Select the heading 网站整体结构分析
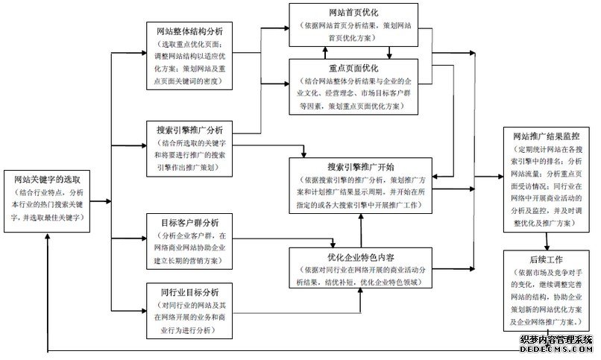(190, 32)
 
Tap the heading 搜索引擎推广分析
(190, 129)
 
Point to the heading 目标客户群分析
(189, 222)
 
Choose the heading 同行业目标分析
(189, 291)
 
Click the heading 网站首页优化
(357, 13)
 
